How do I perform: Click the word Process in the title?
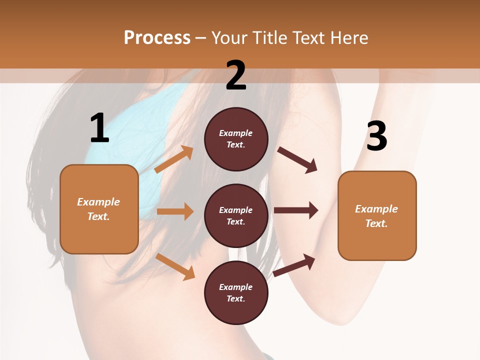157,38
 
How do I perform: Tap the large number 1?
99,128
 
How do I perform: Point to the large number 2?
236,75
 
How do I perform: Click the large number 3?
376,136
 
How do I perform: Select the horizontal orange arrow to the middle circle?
175,211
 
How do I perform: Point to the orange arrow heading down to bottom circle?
175,266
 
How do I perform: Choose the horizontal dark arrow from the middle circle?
296,210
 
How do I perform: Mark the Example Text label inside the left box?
98,209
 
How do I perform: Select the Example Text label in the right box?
376,216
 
